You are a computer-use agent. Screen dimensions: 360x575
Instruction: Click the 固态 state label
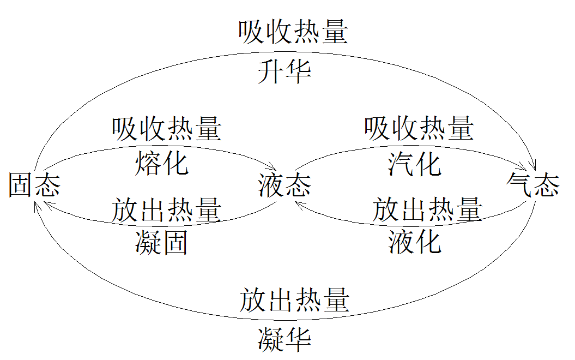click(34, 186)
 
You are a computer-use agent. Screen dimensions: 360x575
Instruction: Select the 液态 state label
click(284, 186)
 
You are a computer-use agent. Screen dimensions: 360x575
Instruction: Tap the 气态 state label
click(532, 185)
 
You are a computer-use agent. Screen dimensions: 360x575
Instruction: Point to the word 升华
click(284, 71)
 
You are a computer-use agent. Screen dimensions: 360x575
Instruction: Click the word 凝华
click(284, 339)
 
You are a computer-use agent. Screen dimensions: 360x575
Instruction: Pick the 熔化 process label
click(161, 163)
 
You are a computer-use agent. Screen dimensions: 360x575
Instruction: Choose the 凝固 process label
click(161, 243)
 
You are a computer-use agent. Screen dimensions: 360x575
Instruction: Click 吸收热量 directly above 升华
click(293, 33)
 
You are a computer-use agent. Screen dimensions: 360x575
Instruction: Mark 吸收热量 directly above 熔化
click(166, 129)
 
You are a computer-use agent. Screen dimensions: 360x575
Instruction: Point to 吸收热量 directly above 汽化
click(419, 129)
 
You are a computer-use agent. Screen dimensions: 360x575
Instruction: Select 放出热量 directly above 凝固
click(166, 210)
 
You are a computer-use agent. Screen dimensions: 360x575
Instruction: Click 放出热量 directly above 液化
click(427, 210)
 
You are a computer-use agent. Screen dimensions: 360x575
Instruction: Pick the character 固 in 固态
click(21, 186)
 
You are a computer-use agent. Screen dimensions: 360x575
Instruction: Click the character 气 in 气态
click(519, 185)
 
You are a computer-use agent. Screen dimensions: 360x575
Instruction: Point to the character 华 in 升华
click(298, 71)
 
